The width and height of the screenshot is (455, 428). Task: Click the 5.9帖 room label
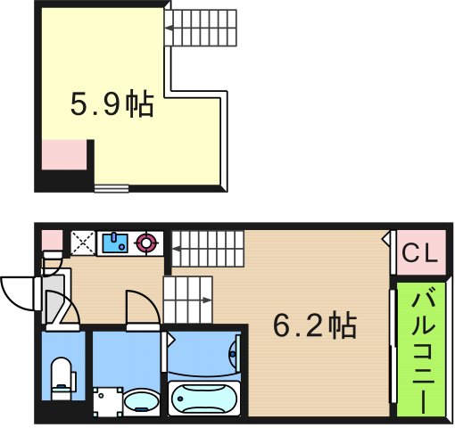pos(112,105)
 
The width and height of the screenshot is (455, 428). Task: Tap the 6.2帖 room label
pos(314,325)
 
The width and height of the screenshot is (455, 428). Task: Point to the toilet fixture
pos(62,374)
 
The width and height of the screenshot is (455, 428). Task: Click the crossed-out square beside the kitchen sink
pos(83,242)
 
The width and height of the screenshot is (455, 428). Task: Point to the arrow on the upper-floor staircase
pos(170,37)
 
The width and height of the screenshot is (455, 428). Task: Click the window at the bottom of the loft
pos(112,187)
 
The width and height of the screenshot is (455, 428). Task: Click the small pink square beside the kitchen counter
pos(51,240)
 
